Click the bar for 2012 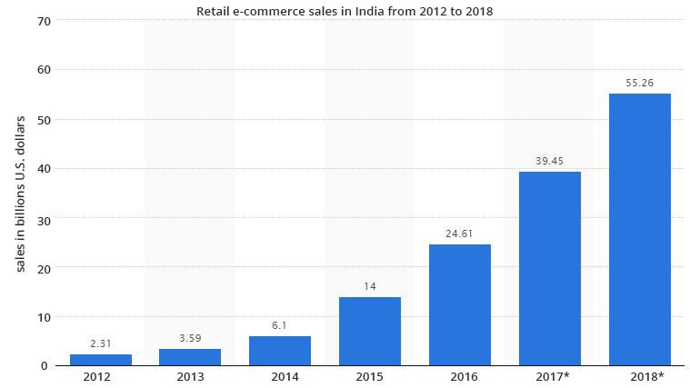tap(100, 360)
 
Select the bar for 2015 tap(370, 331)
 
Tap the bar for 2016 tap(460, 304)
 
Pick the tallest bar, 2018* tap(639, 229)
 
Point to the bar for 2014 tap(280, 351)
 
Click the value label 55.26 tap(639, 83)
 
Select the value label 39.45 tap(550, 161)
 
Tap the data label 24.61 tap(460, 234)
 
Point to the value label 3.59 tap(190, 338)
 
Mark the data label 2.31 tap(100, 343)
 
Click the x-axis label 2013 tap(190, 377)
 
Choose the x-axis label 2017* tap(552, 377)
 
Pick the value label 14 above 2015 tap(370, 286)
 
